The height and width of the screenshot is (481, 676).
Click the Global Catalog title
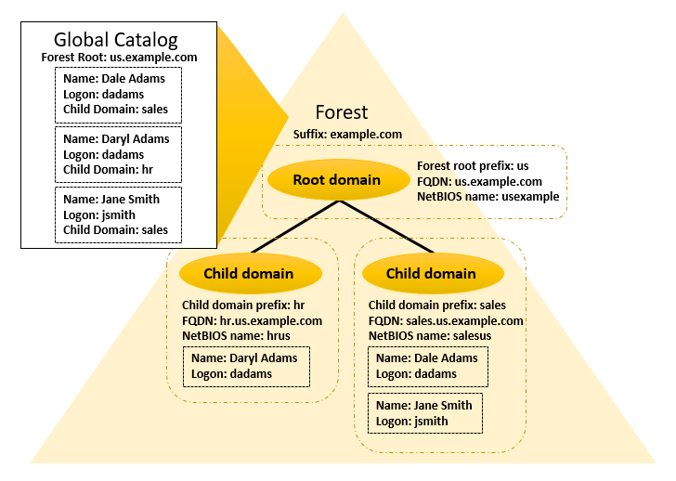click(x=116, y=39)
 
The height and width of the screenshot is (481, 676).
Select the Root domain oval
click(x=336, y=180)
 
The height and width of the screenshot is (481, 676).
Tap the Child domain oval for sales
click(x=431, y=273)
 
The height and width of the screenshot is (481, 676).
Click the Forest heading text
click(x=342, y=112)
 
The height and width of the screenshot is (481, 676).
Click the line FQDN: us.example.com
click(x=479, y=182)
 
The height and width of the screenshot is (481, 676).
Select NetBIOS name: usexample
click(x=487, y=198)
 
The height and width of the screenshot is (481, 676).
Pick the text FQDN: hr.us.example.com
click(x=252, y=320)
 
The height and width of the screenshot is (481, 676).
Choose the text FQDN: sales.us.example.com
click(x=446, y=320)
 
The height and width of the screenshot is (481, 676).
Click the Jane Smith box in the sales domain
click(x=425, y=413)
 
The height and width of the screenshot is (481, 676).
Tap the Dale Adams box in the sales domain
click(x=428, y=366)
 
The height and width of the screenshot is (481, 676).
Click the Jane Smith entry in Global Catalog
click(x=117, y=214)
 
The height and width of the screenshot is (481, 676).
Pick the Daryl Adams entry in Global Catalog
click(x=117, y=154)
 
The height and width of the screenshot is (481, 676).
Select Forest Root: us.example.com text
click(x=119, y=58)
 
